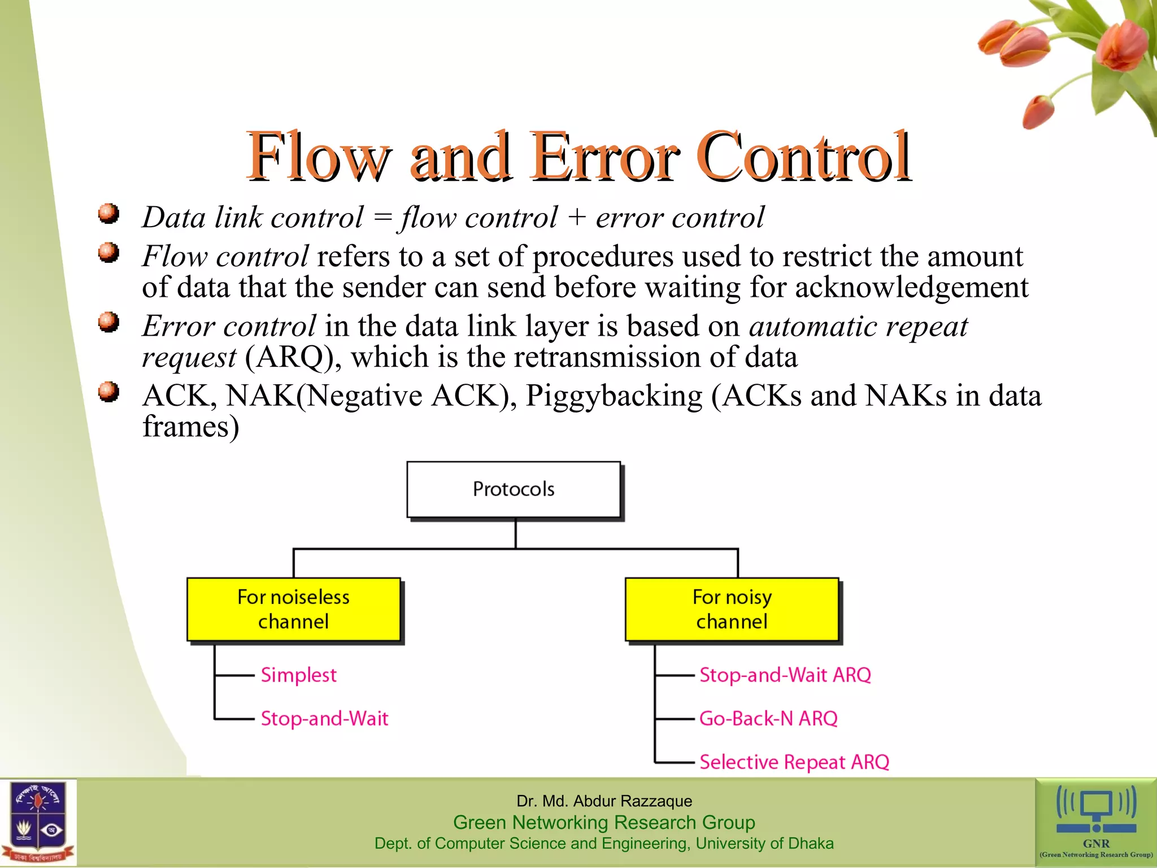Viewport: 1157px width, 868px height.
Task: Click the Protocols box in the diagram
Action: coord(514,489)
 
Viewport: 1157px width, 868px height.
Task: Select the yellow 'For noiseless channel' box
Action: coord(293,609)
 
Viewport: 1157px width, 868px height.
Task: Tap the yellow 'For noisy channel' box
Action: coord(732,609)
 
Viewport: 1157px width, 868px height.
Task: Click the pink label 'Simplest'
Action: coord(298,675)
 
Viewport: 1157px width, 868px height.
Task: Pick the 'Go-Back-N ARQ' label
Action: coord(768,718)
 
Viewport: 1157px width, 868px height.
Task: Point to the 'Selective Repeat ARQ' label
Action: coord(794,762)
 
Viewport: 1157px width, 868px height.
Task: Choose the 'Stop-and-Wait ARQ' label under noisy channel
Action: coord(785,675)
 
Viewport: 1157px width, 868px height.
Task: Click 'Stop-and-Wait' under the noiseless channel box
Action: coord(324,718)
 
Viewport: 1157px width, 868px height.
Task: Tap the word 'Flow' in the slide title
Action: coord(317,157)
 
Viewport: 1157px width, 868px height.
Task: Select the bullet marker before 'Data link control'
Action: coord(108,214)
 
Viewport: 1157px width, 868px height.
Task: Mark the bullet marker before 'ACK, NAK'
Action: coord(108,392)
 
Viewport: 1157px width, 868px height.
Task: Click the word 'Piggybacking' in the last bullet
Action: coord(614,396)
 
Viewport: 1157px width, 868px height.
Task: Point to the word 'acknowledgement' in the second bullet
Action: coord(911,287)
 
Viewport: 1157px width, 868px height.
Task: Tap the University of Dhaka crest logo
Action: coord(38,822)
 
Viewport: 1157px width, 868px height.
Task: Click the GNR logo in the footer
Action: coord(1096,822)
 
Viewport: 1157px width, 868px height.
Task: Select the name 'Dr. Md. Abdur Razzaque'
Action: coord(604,801)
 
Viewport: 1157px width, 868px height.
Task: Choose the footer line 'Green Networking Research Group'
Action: coord(604,822)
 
